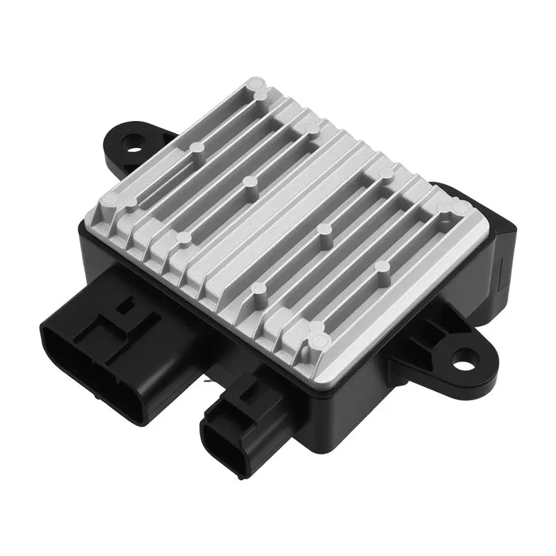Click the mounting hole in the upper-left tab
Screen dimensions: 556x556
132,145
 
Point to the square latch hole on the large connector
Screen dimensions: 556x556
129,304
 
